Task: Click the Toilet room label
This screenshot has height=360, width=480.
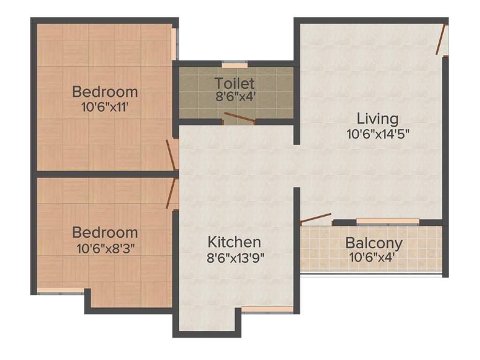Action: [x=234, y=83]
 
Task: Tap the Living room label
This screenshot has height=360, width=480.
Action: [x=377, y=118]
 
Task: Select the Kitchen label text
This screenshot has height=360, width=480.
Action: [x=234, y=242]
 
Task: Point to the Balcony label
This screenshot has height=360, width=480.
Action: [x=374, y=243]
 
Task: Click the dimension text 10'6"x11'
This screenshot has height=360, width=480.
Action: [x=105, y=107]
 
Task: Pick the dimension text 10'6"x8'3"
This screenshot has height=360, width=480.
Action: [x=105, y=248]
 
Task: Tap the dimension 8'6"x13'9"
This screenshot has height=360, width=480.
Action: [x=234, y=257]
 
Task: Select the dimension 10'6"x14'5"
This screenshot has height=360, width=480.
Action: [x=378, y=134]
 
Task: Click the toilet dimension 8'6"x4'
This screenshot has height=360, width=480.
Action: [x=234, y=98]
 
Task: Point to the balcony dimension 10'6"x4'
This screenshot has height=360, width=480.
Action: [x=374, y=257]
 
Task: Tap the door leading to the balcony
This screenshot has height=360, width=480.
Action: [x=315, y=218]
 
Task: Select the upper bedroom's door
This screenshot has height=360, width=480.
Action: [x=171, y=155]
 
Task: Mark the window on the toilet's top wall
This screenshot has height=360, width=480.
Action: [x=234, y=65]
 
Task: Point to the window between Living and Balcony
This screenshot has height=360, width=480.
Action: [x=387, y=221]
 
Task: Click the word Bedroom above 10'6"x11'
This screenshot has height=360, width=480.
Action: [x=105, y=91]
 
